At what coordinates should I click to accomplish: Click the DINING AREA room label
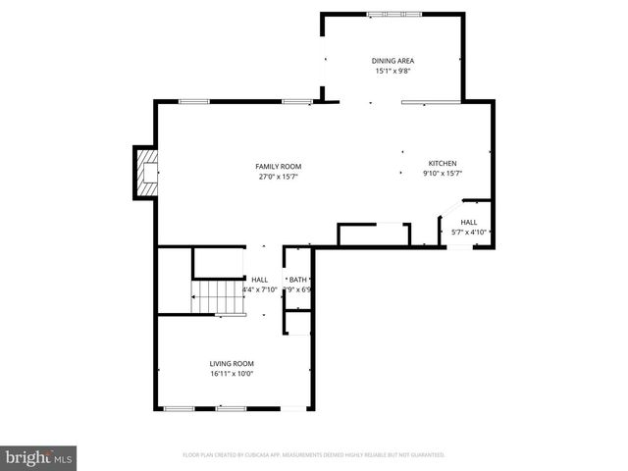pyautogui.click(x=392, y=61)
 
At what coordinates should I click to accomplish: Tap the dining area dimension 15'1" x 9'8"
pyautogui.click(x=392, y=71)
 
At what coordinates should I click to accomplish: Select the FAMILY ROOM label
pyautogui.click(x=279, y=167)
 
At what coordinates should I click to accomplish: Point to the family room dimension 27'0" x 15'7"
pyautogui.click(x=279, y=177)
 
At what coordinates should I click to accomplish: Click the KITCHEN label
pyautogui.click(x=442, y=163)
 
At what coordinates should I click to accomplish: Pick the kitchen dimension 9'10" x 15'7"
pyautogui.click(x=442, y=173)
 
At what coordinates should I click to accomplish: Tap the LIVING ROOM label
pyautogui.click(x=232, y=364)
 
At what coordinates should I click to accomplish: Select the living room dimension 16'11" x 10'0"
pyautogui.click(x=232, y=374)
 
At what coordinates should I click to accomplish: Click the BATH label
pyautogui.click(x=297, y=280)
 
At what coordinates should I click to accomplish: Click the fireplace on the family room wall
pyautogui.click(x=146, y=172)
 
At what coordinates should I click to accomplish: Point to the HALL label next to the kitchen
pyautogui.click(x=469, y=223)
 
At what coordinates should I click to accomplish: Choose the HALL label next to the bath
pyautogui.click(x=259, y=280)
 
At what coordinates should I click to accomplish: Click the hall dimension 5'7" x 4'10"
pyautogui.click(x=469, y=233)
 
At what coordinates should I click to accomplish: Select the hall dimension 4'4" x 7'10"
pyautogui.click(x=259, y=289)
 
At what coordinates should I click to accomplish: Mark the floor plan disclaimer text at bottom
pyautogui.click(x=314, y=455)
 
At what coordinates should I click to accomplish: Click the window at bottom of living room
pyautogui.click(x=204, y=408)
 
